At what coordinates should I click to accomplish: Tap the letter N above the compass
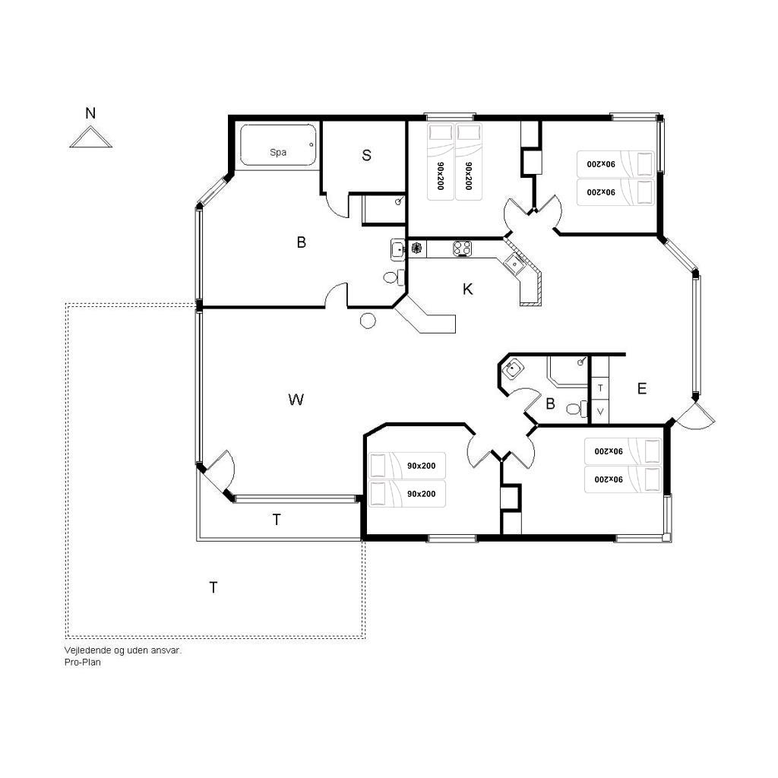[90, 113]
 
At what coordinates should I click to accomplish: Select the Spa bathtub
[278, 145]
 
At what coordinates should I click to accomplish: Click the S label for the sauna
[367, 155]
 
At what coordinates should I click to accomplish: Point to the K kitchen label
[467, 289]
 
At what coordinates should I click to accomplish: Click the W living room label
[296, 400]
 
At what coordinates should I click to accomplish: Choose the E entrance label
[641, 388]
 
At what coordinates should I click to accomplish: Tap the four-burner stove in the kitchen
[462, 248]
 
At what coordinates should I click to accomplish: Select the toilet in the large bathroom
[394, 277]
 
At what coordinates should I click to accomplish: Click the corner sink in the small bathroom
[511, 368]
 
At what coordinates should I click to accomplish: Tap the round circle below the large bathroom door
[368, 321]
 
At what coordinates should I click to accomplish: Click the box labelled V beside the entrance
[600, 412]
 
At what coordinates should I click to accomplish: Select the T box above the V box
[600, 388]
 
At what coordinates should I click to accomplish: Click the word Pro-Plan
[82, 662]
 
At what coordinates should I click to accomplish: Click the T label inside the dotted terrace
[213, 587]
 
